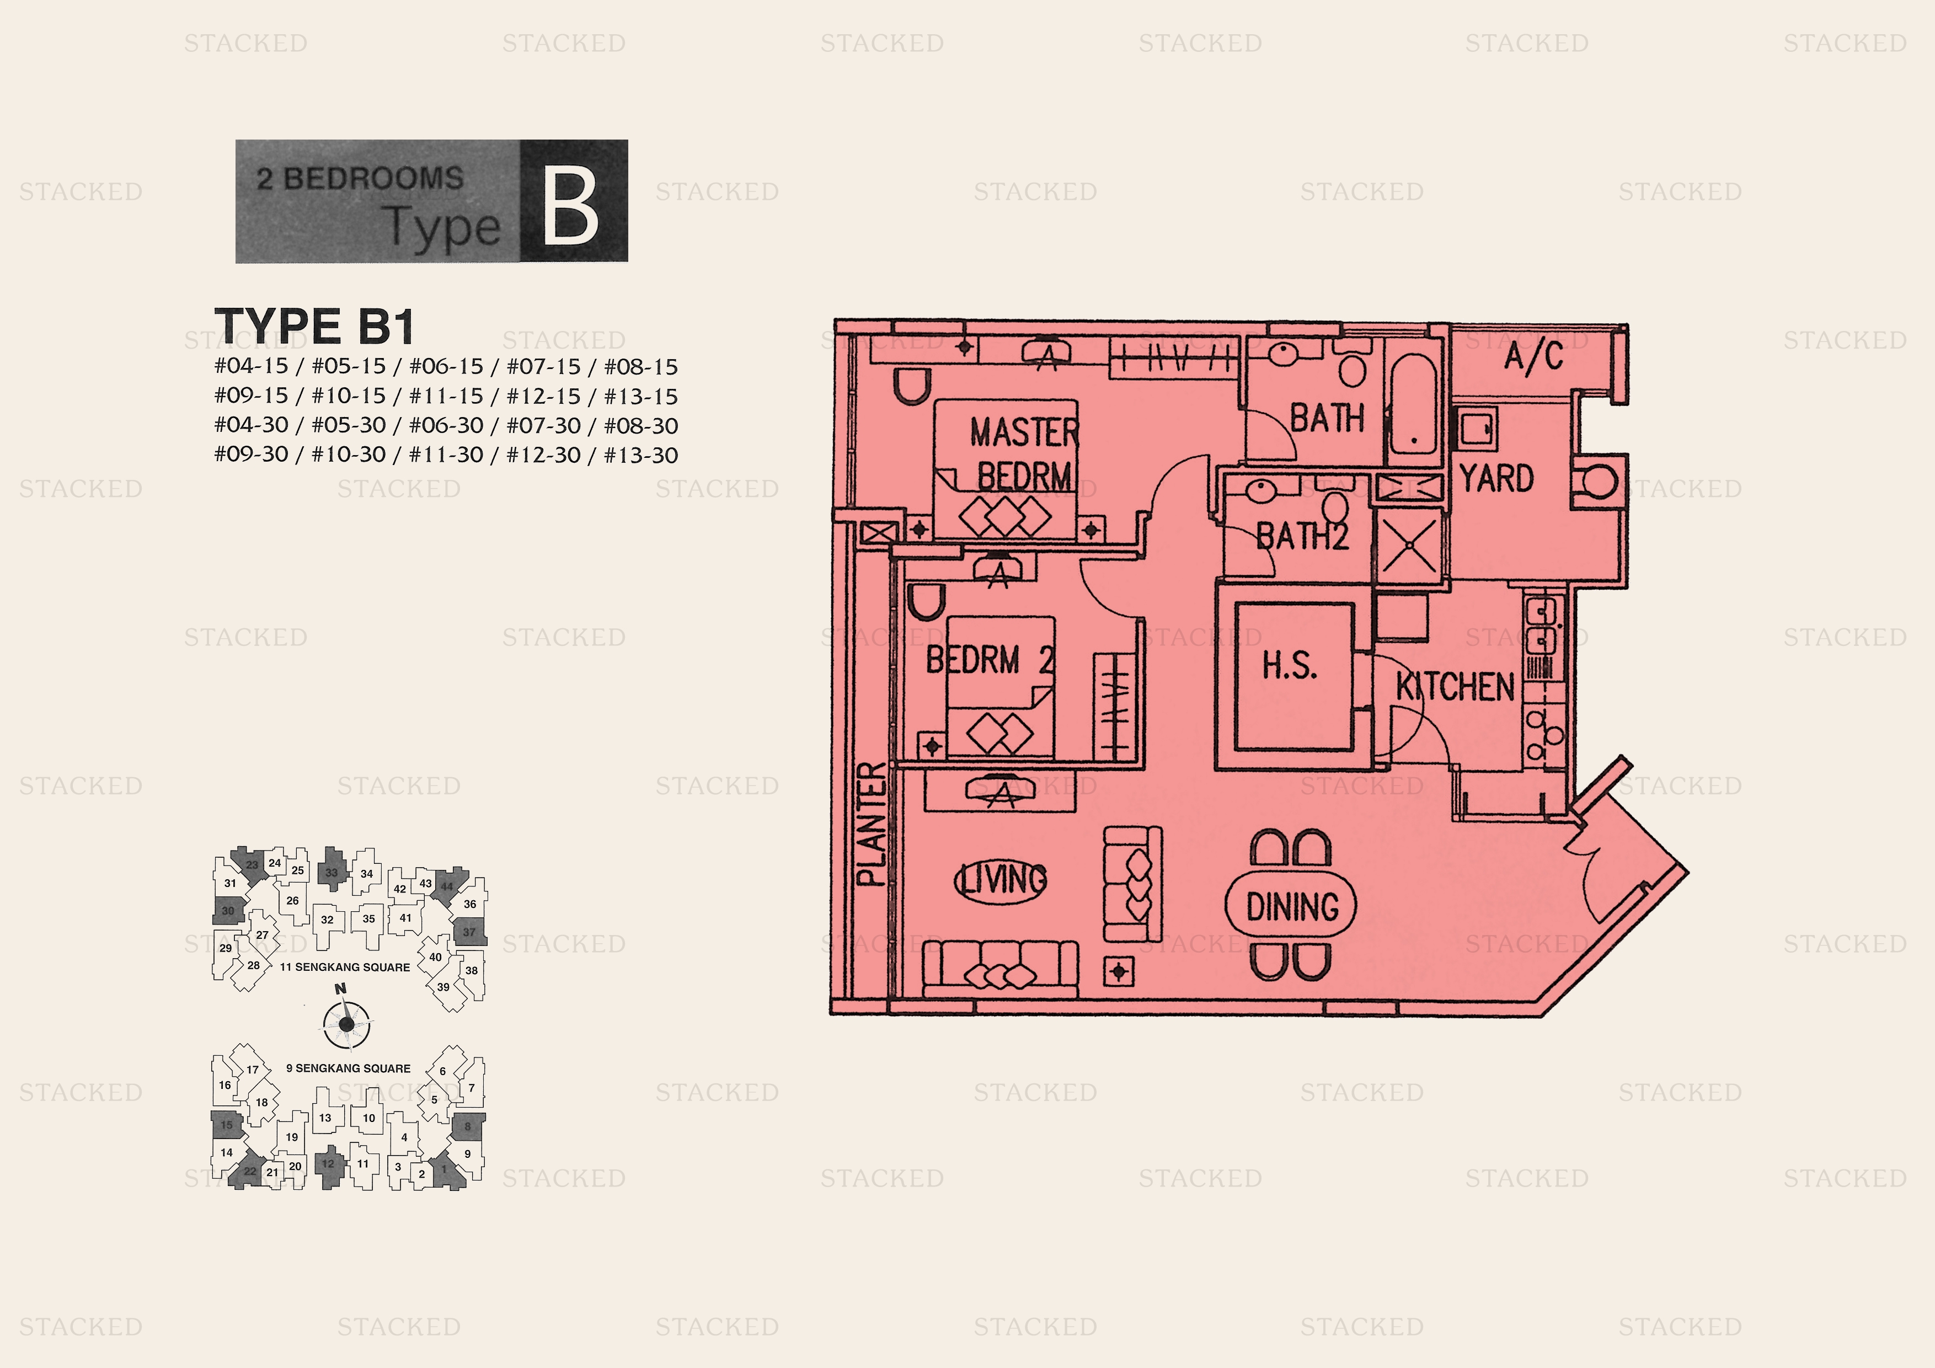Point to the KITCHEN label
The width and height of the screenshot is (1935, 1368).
click(x=1456, y=686)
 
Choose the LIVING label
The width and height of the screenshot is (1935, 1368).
click(x=1001, y=880)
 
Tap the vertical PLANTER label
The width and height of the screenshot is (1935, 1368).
click(x=872, y=824)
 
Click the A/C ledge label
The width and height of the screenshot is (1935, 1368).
click(x=1534, y=356)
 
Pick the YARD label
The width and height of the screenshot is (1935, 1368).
click(x=1497, y=479)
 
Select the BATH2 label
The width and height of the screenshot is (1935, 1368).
click(x=1303, y=536)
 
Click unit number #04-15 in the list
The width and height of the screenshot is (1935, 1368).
click(x=251, y=367)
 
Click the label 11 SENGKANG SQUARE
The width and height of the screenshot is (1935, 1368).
click(x=345, y=967)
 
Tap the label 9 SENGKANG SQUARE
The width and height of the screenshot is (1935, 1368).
click(x=348, y=1068)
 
